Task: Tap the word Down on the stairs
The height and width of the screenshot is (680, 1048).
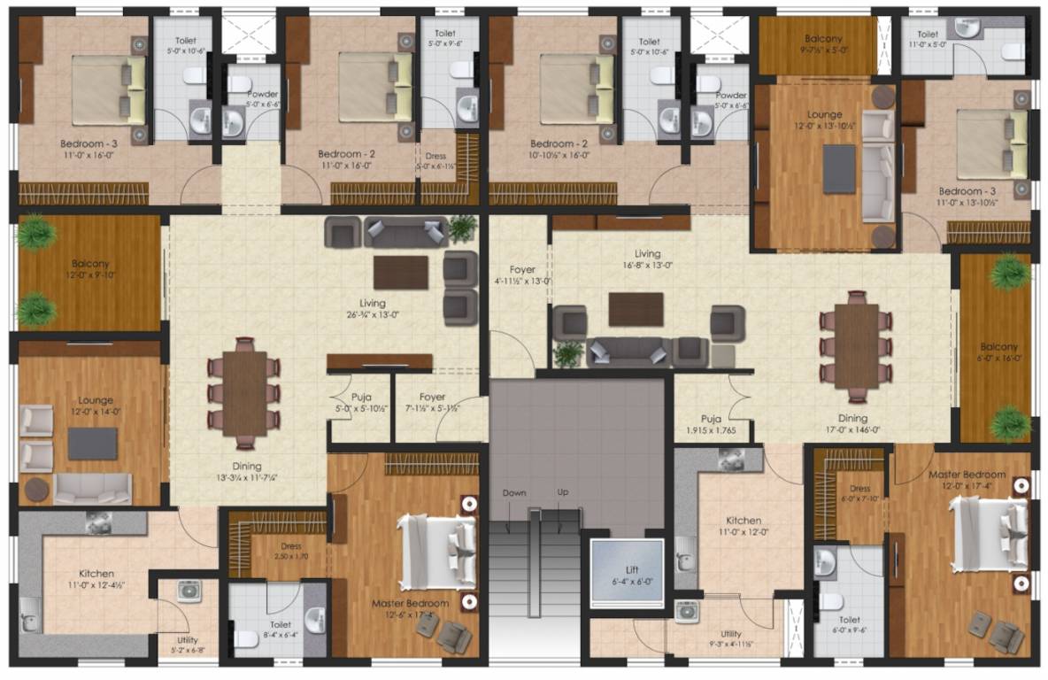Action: click(514, 492)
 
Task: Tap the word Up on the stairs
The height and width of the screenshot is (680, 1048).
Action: click(562, 492)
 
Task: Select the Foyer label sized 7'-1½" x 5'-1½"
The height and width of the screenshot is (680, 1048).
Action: click(433, 403)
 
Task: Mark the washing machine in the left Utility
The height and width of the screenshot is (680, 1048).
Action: click(189, 591)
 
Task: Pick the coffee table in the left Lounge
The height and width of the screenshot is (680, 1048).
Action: click(92, 444)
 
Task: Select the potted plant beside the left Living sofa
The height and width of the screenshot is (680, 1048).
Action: click(462, 228)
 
